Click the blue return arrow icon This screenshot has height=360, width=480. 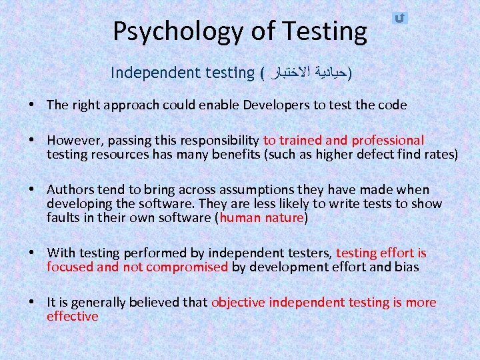[x=399, y=18]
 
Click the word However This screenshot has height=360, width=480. [x=73, y=141]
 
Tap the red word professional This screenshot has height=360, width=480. [x=387, y=141]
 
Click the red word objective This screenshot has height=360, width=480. [x=237, y=302]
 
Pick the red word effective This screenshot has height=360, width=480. [x=72, y=316]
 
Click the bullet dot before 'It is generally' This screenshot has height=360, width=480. [x=32, y=302]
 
